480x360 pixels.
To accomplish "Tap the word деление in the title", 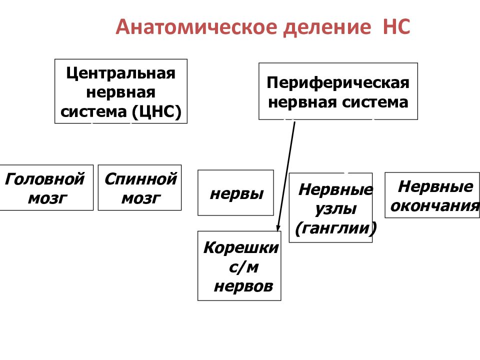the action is pos(327,27).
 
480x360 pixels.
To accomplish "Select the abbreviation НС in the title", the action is pos(396,26).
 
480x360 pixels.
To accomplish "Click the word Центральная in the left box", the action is pos(121,73).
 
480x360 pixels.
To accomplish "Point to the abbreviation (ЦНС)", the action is pos(156,111).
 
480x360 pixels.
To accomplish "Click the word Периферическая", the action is pos(338,83).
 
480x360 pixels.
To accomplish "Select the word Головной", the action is pos(44,179).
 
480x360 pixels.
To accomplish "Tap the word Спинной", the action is pos(141,179).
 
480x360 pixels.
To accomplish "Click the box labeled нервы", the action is pos(235,193).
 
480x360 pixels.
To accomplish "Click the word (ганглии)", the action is pos(335,228).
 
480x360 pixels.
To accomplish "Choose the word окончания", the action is pos(435,206).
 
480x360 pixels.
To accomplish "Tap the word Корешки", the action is pos(241,247).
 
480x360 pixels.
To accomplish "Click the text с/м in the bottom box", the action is pos(243,267).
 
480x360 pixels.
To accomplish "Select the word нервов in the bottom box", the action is pos(243,286).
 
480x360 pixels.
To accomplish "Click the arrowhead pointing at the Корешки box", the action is pos(278,228).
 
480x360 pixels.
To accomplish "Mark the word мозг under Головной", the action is pos(47,198).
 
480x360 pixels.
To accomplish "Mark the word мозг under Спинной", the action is pos(141,198).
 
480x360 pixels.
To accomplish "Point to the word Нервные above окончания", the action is pos(435,186).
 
